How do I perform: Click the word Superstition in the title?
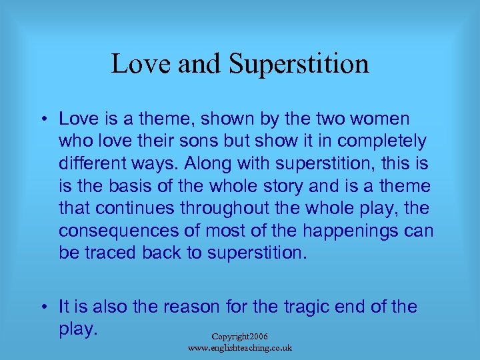(x=299, y=65)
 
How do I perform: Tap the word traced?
(x=112, y=253)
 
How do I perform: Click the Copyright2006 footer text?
(x=240, y=337)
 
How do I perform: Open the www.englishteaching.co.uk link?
(x=240, y=348)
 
